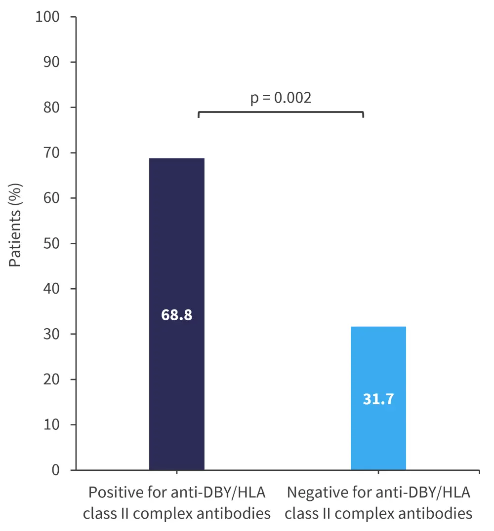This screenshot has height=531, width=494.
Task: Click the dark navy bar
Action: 176,247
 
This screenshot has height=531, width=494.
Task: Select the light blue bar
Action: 378,365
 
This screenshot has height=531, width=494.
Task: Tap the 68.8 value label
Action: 176,315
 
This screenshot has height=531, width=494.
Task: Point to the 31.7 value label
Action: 378,399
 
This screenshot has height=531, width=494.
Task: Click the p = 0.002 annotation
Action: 281,98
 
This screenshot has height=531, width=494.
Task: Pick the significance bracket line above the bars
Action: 281,112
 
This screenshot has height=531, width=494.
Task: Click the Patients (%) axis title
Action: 16,225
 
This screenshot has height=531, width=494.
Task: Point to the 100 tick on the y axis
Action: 47,17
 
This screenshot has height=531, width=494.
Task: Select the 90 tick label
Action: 51,62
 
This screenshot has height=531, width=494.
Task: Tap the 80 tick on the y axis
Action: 51,108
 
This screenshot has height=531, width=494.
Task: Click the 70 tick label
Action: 51,153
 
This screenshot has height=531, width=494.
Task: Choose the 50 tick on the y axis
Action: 51,244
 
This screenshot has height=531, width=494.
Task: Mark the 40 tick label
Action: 51,289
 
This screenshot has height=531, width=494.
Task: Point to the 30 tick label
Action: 51,334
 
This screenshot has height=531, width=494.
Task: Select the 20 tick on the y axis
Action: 51,379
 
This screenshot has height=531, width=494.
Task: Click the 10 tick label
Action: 51,425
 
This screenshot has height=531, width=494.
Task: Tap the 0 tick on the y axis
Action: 55,470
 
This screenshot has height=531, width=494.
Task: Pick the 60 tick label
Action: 51,198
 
